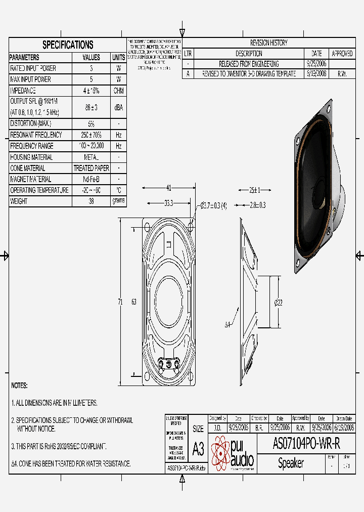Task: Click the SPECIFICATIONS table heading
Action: (68, 45)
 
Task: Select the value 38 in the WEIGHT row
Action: (91, 201)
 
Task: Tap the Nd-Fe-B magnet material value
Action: (91, 179)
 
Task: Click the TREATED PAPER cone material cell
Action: (91, 168)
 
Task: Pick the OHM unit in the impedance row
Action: (118, 91)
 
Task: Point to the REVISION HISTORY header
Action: (268, 43)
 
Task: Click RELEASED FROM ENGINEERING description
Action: (248, 64)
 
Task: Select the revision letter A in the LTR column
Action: (188, 74)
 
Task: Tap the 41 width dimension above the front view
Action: (169, 188)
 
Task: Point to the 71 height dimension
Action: (120, 302)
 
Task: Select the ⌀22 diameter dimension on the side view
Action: (278, 302)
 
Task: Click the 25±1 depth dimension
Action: (254, 190)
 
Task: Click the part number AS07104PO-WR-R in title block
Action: (306, 444)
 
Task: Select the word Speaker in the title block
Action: (291, 463)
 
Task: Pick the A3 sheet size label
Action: (198, 448)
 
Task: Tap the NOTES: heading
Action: (19, 386)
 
